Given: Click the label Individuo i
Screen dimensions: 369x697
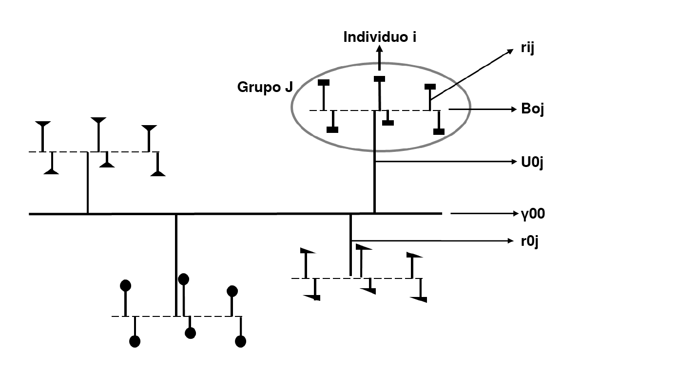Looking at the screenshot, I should pyautogui.click(x=380, y=37).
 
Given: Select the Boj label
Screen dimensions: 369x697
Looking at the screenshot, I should pyautogui.click(x=532, y=109).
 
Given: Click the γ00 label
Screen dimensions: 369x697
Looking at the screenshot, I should pyautogui.click(x=532, y=213).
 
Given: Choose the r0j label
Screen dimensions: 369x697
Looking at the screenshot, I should pyautogui.click(x=529, y=240).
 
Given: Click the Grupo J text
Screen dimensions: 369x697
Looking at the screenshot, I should pyautogui.click(x=265, y=87).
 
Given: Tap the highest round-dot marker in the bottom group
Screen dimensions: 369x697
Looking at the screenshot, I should pyautogui.click(x=183, y=279).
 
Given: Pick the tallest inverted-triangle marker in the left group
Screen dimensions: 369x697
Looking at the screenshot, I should pyautogui.click(x=98, y=120).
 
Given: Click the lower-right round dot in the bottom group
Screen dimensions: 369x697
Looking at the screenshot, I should pyautogui.click(x=240, y=341).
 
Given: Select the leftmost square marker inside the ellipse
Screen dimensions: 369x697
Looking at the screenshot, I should pyautogui.click(x=324, y=83).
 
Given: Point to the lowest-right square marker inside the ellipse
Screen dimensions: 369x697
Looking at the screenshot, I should pyautogui.click(x=439, y=131).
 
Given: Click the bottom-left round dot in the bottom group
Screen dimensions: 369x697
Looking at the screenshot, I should pyautogui.click(x=135, y=341).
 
